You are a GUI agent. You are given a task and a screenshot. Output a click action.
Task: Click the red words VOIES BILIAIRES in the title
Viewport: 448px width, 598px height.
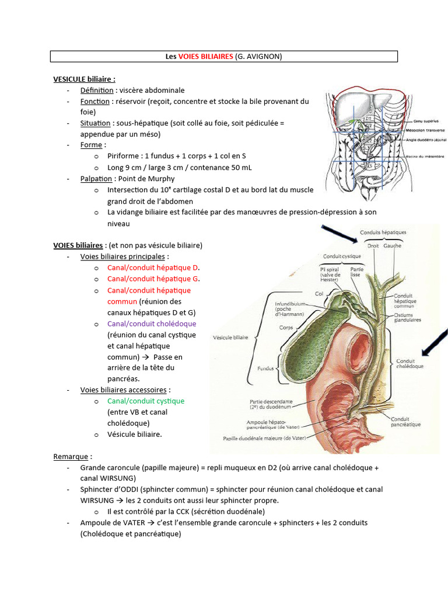click(206, 56)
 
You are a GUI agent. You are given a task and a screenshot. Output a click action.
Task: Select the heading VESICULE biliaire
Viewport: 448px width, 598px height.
click(84, 79)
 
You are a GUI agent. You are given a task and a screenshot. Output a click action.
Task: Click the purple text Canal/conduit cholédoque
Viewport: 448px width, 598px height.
click(152, 324)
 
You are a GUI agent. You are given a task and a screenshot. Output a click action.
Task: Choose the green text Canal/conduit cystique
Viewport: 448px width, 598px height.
click(145, 401)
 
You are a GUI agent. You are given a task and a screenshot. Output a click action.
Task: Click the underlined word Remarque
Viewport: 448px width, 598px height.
click(71, 456)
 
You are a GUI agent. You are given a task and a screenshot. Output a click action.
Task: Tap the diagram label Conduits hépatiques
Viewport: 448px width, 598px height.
click(383, 232)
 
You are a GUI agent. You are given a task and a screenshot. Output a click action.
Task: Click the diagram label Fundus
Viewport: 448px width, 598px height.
click(265, 369)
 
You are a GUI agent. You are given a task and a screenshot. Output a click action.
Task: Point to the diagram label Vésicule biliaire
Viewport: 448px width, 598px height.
click(230, 338)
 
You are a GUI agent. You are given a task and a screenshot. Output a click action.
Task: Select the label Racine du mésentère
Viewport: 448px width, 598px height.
click(425, 157)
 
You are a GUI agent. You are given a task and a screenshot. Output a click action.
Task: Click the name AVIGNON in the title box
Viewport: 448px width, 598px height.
click(264, 56)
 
